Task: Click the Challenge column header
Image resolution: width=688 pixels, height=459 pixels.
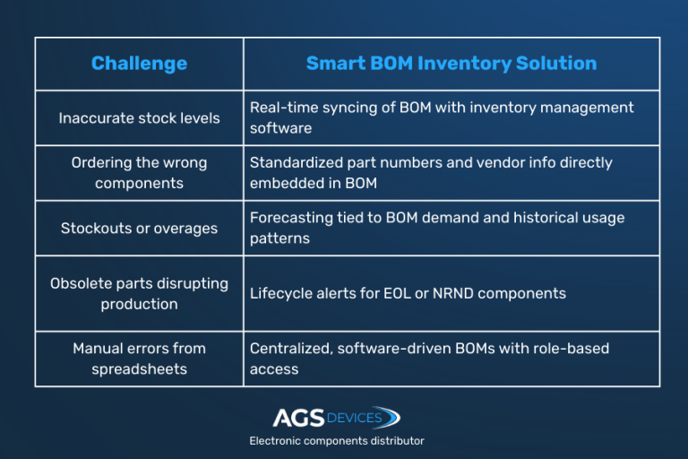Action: click(x=139, y=64)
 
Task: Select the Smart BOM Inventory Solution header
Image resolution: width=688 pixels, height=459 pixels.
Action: click(x=451, y=64)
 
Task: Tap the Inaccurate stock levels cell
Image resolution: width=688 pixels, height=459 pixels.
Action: click(x=139, y=118)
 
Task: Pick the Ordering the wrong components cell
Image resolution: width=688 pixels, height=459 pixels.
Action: click(x=139, y=173)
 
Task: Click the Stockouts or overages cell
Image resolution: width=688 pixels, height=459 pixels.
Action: click(x=139, y=229)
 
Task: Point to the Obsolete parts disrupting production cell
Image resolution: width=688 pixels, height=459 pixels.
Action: click(x=139, y=293)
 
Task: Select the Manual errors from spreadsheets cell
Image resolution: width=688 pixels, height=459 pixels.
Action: click(x=139, y=359)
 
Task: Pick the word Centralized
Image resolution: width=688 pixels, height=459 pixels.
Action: click(x=290, y=348)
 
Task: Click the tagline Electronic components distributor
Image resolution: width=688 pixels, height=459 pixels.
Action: click(x=337, y=440)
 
